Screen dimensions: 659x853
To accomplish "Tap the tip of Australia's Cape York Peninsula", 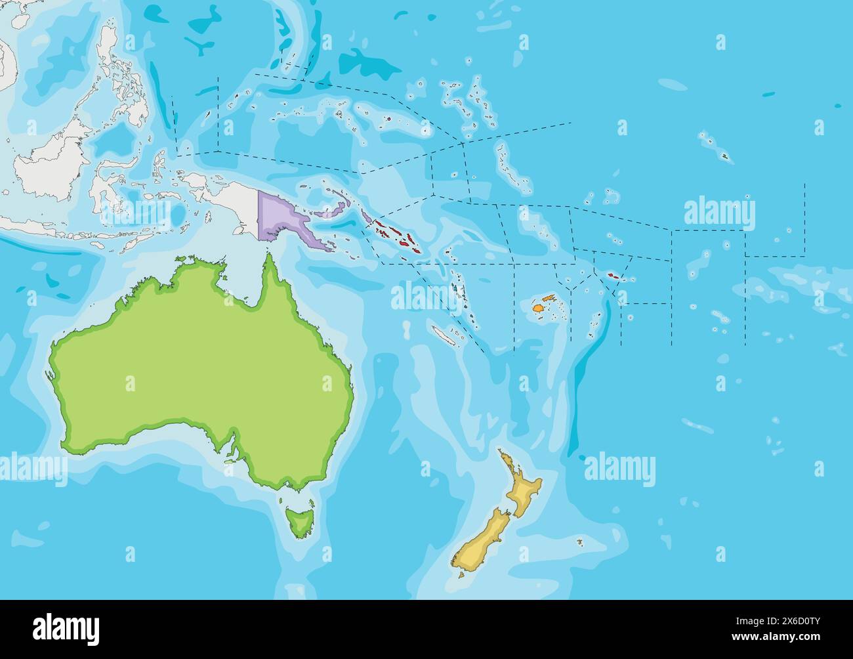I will pyautogui.click(x=268, y=256).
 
